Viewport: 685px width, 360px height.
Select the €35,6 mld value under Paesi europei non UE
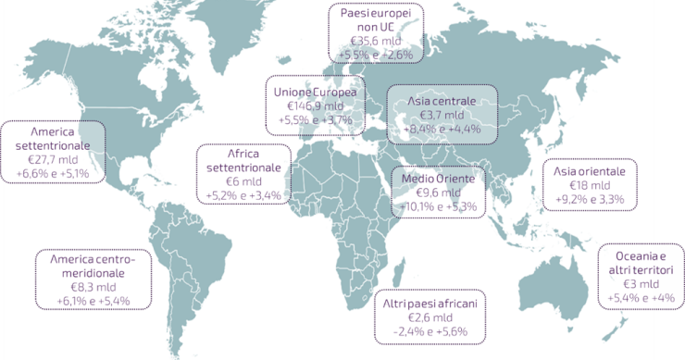376,40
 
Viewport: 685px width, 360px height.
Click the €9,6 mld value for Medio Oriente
435,192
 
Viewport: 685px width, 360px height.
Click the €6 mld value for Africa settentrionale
241,182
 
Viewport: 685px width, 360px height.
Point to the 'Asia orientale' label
590,171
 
